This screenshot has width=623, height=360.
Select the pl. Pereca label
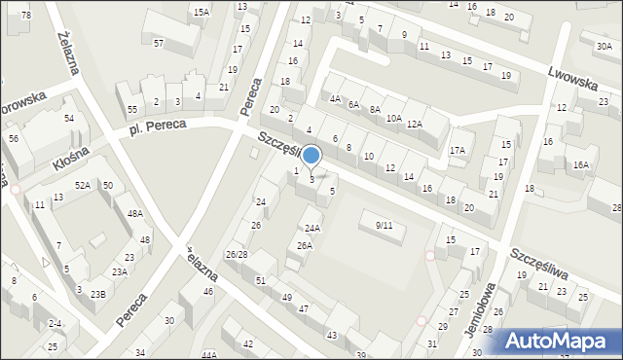157,127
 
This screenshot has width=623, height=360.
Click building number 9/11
384,226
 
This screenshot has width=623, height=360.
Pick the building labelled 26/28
236,255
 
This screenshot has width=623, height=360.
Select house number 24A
311,229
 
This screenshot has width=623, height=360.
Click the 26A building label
305,246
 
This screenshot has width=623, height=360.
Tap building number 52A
83,185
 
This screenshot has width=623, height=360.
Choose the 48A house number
135,213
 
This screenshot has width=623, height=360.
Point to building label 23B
98,294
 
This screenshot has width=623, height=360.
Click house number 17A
457,150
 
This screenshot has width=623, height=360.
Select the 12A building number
414,124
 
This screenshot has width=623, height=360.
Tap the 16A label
581,165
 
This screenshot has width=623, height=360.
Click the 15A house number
201,12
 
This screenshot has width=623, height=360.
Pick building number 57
158,44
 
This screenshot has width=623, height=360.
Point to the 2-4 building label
55,323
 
